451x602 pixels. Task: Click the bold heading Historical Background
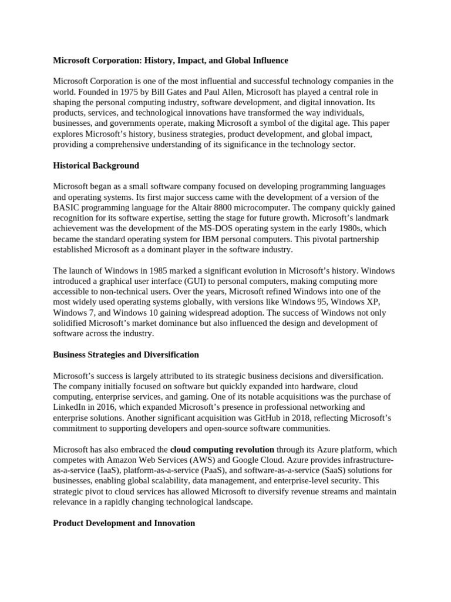(96, 166)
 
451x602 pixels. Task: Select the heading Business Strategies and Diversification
(126, 355)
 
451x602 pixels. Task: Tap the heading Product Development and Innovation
(124, 523)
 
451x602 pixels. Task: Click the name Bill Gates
(167, 92)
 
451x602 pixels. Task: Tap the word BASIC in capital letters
(67, 208)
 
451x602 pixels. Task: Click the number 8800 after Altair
(223, 208)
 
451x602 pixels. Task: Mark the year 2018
(303, 417)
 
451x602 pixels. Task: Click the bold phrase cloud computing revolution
(222, 450)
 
